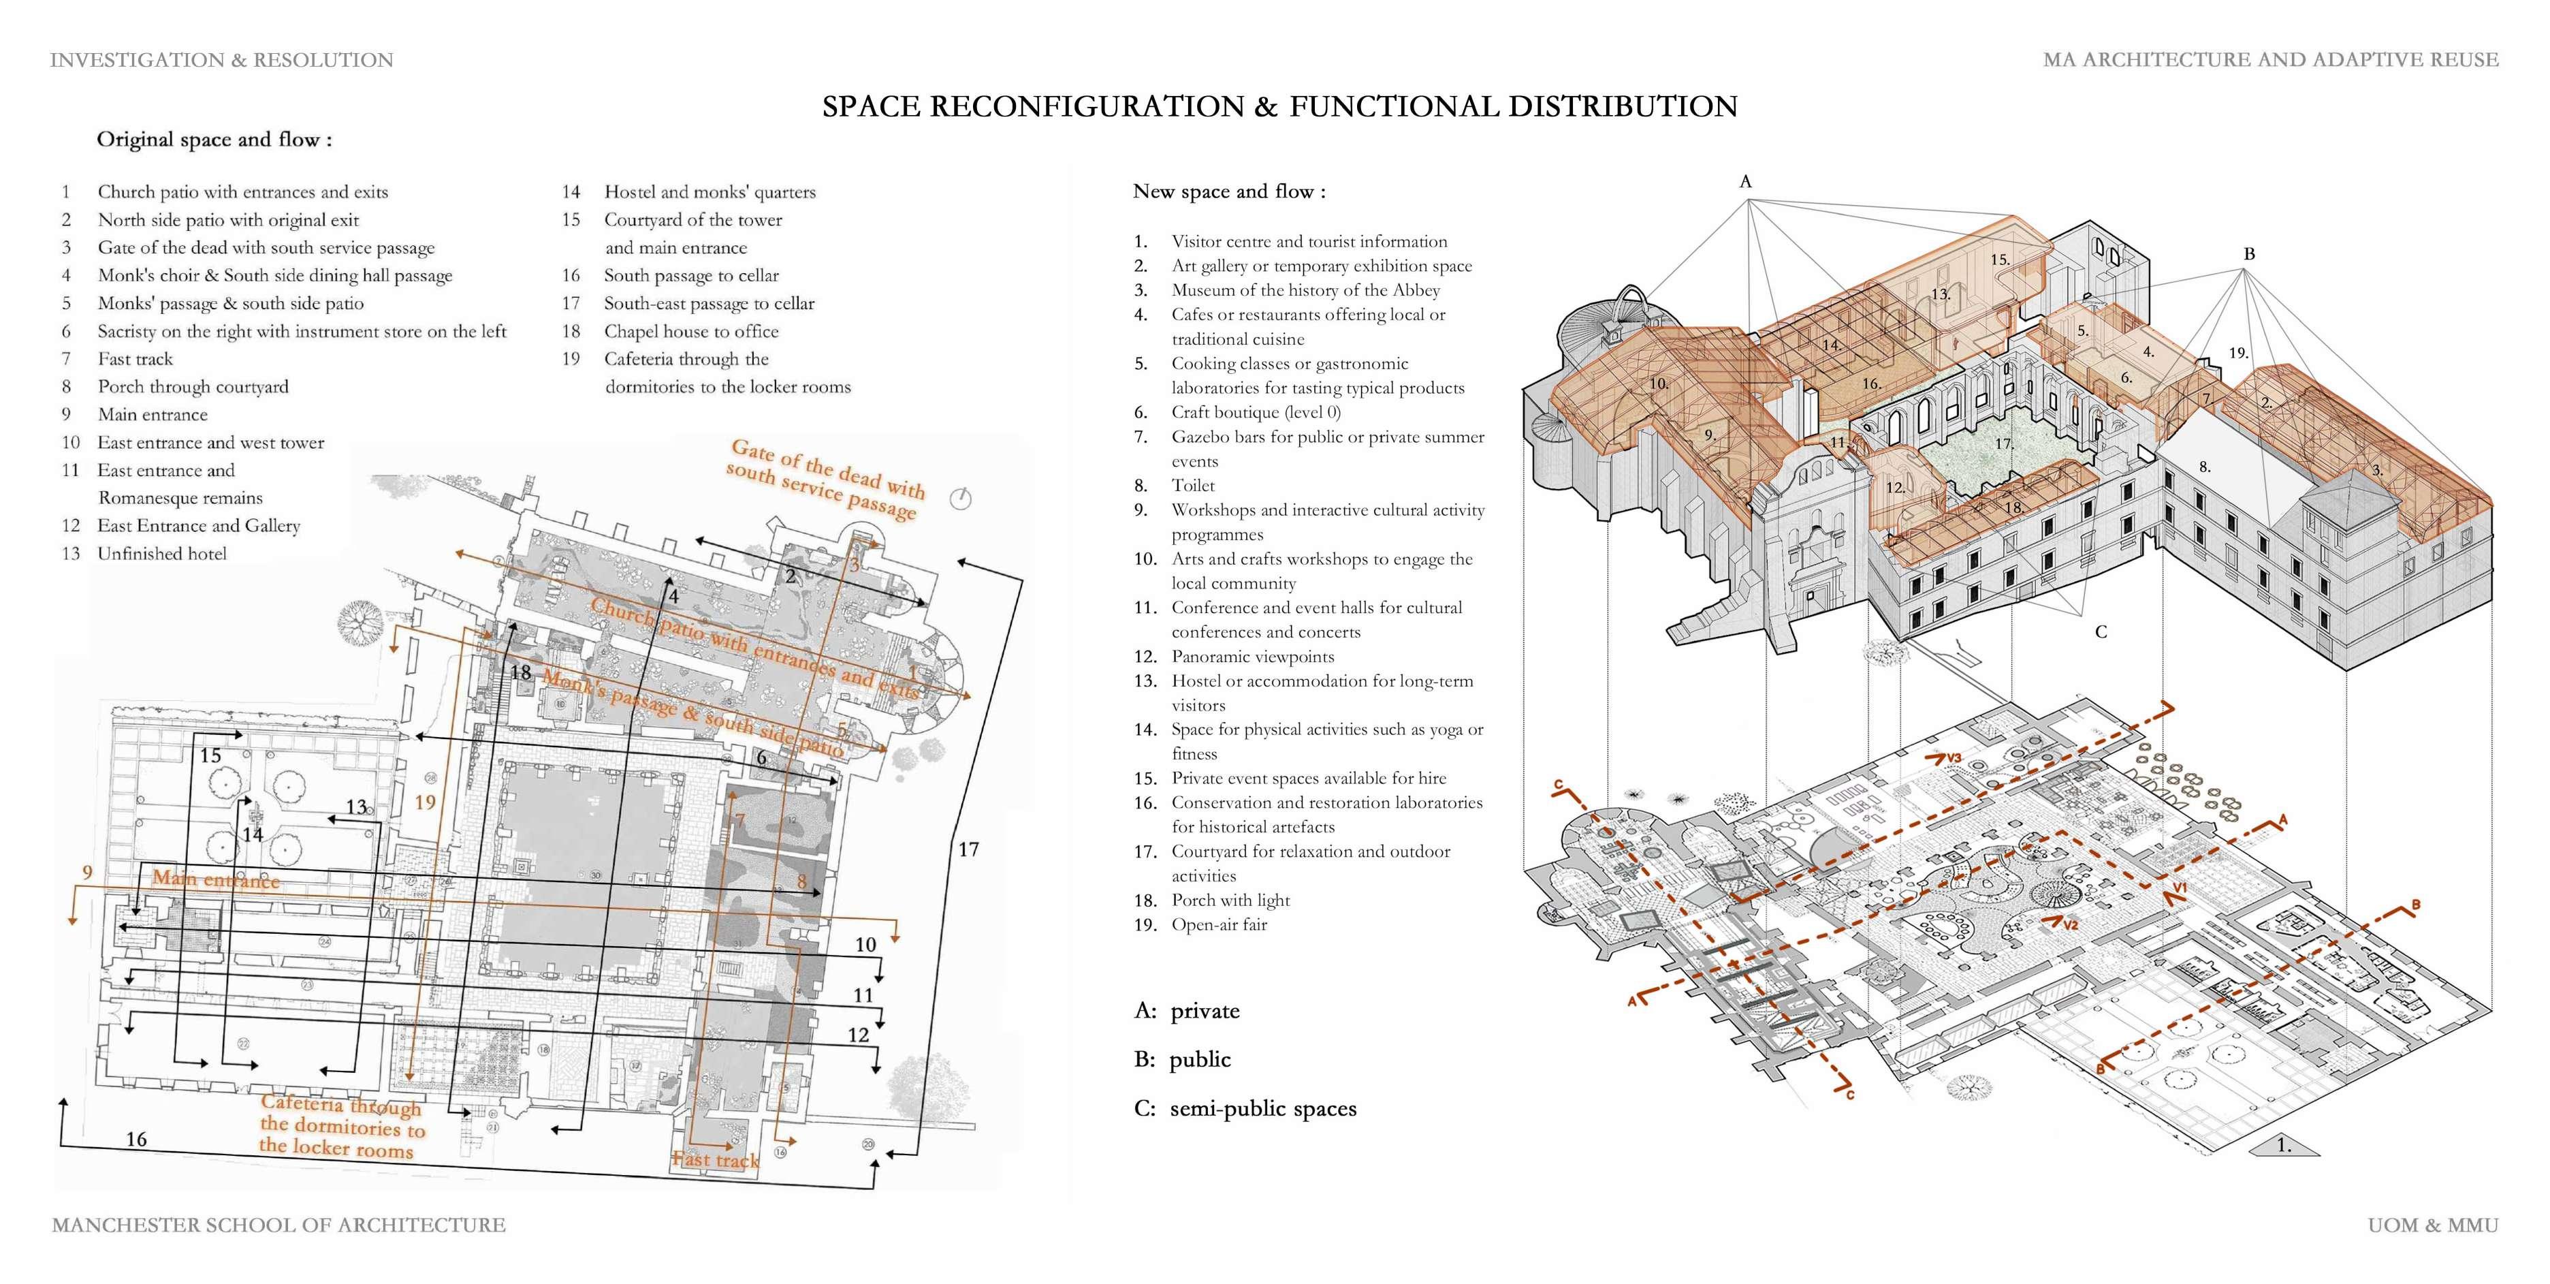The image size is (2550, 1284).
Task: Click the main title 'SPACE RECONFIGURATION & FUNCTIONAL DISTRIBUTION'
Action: [1279, 107]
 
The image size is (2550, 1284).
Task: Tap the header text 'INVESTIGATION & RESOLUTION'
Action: [222, 61]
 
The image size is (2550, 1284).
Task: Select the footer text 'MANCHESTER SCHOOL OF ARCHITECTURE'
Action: [278, 1225]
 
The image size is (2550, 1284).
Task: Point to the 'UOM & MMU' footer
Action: [2432, 1225]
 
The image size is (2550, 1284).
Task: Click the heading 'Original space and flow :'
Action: [214, 140]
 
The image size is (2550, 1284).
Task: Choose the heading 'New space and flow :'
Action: [1228, 191]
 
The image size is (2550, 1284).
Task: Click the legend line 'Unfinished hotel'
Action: [161, 553]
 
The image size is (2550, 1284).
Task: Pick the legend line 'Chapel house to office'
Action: [691, 332]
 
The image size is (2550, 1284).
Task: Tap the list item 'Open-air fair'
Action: [1219, 924]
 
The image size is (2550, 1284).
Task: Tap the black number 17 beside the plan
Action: [968, 849]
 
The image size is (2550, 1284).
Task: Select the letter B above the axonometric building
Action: [2248, 255]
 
